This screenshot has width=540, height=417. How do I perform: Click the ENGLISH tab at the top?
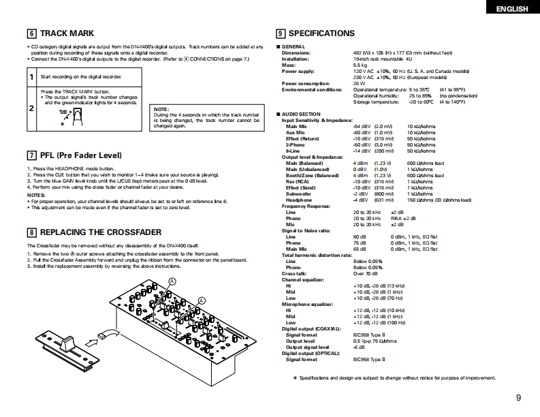coord(512,8)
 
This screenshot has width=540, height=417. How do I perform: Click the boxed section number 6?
coord(31,33)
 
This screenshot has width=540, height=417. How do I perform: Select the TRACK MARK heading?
coord(67,33)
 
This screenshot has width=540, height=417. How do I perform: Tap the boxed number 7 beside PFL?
coord(31,155)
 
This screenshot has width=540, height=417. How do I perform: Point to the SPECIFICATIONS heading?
coord(321,33)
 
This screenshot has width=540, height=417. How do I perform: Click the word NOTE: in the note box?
coord(161,110)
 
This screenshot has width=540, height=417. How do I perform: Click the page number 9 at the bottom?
coord(519,399)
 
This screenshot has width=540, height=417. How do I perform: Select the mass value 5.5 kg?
coord(360,65)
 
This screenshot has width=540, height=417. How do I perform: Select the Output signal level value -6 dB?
coord(360,347)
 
